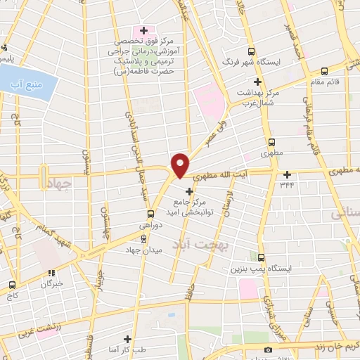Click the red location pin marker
tap(180, 165)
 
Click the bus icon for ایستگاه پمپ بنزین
tap(261, 257)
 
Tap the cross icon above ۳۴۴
tap(287, 174)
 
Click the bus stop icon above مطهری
tap(264, 141)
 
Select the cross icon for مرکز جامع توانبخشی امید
tap(188, 191)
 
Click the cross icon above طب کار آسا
tap(127, 339)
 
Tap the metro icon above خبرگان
tap(51, 274)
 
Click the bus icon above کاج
tap(12, 285)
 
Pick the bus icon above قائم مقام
tap(324, 70)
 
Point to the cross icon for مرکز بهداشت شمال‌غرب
tap(258, 82)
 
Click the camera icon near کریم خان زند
tap(267, 350)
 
